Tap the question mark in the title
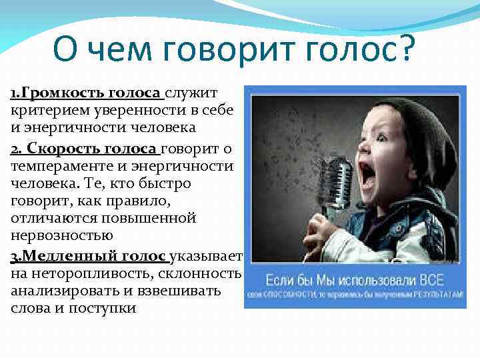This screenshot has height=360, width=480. [405, 48]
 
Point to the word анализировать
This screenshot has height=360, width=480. [57, 291]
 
